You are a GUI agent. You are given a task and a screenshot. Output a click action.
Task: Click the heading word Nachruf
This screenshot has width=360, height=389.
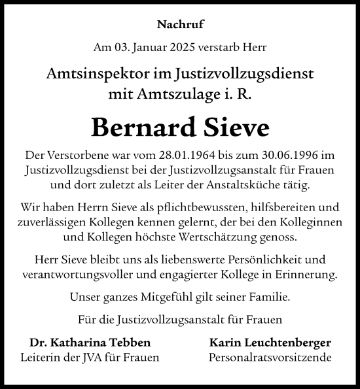[179, 25]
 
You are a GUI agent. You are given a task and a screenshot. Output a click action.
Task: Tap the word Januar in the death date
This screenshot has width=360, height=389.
[153, 48]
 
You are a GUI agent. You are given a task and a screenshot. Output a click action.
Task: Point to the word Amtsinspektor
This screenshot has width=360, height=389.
[109, 74]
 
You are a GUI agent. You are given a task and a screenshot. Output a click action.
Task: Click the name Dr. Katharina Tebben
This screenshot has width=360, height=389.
[90, 343]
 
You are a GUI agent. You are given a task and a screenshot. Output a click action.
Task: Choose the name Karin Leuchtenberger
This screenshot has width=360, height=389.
[270, 343]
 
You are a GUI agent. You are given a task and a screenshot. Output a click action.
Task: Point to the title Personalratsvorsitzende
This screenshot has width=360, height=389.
[270, 358]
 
